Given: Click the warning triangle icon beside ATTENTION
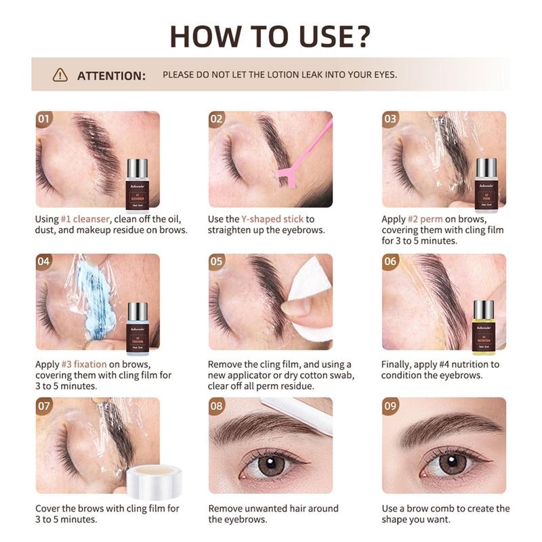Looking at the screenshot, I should (x=60, y=75).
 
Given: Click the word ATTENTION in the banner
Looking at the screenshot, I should (x=111, y=75).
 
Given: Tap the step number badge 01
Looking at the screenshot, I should (x=45, y=119).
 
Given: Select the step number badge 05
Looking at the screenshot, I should (x=217, y=262).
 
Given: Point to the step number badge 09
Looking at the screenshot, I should (x=391, y=406).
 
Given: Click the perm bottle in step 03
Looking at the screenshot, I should (x=485, y=184).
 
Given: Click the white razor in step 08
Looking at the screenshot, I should (x=299, y=413).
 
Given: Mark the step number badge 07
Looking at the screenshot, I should (x=45, y=406).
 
